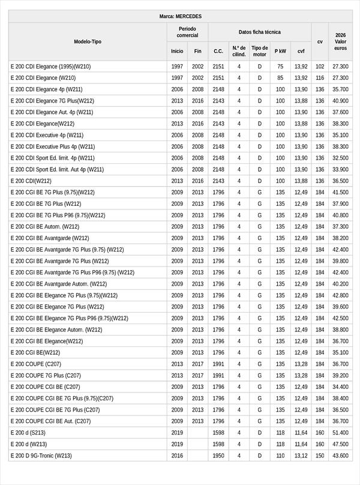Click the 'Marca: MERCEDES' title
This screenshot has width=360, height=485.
[x=180, y=17]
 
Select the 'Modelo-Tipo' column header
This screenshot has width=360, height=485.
[x=88, y=41]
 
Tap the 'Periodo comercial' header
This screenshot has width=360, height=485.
[x=187, y=32]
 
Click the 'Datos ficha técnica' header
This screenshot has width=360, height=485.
[x=259, y=32]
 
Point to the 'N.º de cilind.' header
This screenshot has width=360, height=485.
[x=239, y=51]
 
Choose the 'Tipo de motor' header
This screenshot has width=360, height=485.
[x=260, y=51]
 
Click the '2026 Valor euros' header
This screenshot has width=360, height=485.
[x=340, y=41]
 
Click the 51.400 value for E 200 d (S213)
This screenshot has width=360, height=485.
[x=340, y=433]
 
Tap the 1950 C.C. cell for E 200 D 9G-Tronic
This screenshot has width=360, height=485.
[x=218, y=456]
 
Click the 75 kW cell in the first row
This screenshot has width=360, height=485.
[x=280, y=67]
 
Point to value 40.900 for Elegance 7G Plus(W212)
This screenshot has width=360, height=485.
[x=340, y=101]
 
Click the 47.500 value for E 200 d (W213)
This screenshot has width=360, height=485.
[x=340, y=444]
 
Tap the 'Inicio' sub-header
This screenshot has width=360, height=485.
[x=177, y=52]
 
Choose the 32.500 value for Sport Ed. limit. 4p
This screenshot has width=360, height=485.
[x=340, y=158]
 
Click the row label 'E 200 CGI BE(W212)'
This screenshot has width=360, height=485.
[x=35, y=353]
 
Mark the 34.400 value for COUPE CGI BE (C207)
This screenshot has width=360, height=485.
[x=340, y=387]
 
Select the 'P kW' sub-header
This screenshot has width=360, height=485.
[x=280, y=52]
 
